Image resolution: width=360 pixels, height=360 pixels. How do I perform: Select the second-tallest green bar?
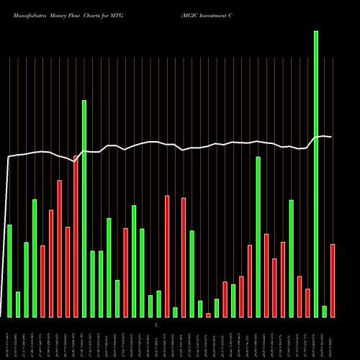(84, 209)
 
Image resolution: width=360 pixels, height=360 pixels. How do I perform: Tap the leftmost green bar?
(9, 271)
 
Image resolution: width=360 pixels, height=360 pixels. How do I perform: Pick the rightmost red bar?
(333, 281)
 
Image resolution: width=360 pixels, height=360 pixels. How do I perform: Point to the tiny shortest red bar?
(208, 315)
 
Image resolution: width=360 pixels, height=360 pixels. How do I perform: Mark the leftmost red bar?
(42, 281)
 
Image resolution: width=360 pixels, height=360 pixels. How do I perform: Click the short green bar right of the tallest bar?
(325, 312)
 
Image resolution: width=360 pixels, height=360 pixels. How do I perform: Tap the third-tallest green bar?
(258, 237)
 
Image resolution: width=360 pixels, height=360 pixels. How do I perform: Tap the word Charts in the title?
(97, 14)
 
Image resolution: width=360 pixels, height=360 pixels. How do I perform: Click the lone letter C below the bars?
(156, 326)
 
